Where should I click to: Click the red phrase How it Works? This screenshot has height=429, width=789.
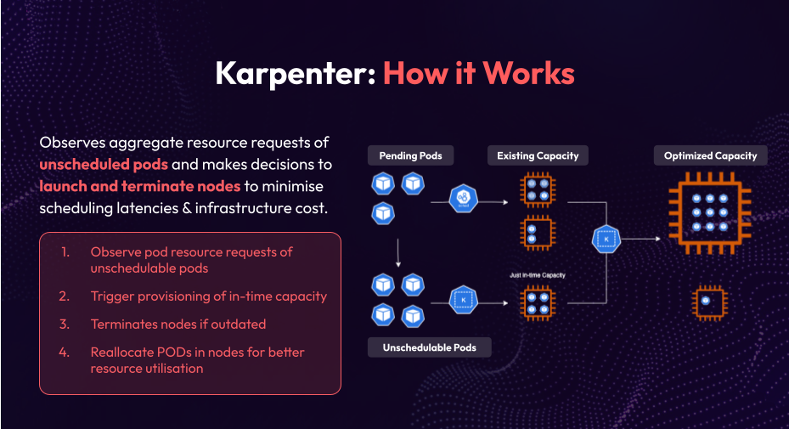coord(478,74)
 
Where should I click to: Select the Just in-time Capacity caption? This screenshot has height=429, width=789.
coord(537,275)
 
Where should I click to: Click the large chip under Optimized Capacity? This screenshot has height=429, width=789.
coord(707,213)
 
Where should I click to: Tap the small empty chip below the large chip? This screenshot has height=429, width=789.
coord(706,302)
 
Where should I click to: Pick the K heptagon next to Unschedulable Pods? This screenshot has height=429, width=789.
coord(464,300)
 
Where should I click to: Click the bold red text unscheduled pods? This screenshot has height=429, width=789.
coord(103,163)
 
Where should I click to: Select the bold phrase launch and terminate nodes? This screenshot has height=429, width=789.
coord(139,185)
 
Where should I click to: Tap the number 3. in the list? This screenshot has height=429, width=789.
coord(65,325)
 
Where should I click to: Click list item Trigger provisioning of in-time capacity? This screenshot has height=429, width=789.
coord(208,296)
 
